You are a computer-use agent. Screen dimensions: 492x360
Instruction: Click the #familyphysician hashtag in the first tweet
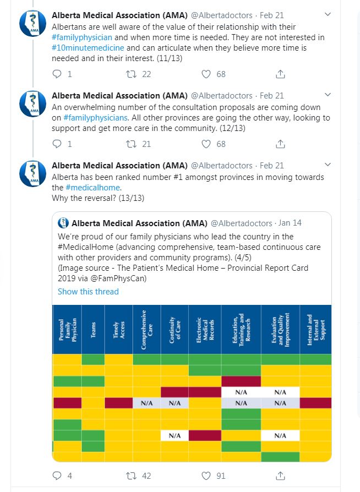(82, 37)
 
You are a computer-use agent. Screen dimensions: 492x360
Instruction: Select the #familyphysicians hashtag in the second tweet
(96, 118)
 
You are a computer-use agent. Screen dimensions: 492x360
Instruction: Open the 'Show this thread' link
(88, 292)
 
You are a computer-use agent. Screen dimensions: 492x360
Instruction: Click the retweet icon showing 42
(131, 475)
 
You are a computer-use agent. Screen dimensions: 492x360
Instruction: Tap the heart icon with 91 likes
(206, 475)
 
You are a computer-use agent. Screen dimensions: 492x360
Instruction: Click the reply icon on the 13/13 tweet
(57, 475)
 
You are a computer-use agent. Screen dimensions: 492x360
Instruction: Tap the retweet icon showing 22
(131, 74)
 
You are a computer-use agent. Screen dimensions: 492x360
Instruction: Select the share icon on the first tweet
(280, 74)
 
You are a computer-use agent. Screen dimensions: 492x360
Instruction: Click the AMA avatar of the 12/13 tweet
(32, 104)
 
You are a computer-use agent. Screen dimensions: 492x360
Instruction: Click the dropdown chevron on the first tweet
(328, 14)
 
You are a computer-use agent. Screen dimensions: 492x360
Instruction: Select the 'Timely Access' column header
(119, 330)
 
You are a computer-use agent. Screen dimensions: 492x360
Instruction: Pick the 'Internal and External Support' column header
(316, 330)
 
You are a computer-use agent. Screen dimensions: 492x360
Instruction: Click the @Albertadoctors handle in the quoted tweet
(242, 223)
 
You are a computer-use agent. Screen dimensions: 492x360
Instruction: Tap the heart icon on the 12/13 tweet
(206, 144)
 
